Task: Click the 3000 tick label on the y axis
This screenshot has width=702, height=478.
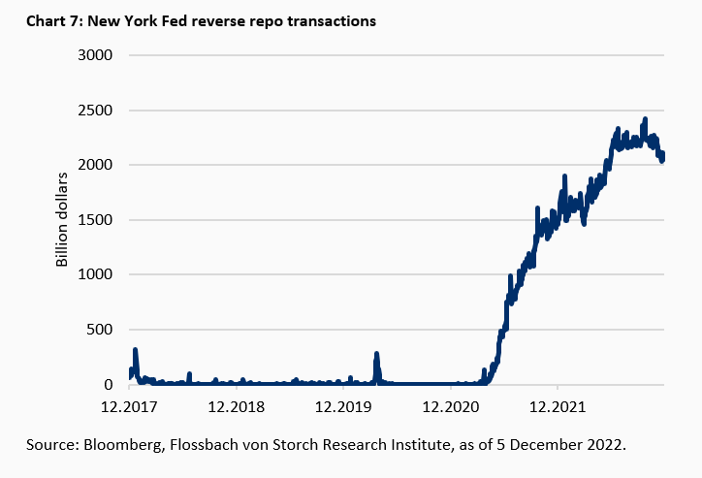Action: [95, 54]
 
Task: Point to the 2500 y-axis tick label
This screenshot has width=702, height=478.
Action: [95, 110]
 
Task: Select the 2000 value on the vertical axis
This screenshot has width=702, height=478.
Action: [95, 165]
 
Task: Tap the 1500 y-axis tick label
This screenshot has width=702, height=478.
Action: [95, 220]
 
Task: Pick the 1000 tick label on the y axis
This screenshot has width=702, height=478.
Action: [95, 274]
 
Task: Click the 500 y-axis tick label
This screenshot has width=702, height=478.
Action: [100, 330]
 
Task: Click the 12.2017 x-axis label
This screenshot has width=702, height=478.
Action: [130, 406]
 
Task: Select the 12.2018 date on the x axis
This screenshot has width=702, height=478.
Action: [237, 406]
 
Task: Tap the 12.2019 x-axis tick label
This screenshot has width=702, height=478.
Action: [343, 406]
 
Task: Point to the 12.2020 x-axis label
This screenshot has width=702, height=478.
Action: [450, 406]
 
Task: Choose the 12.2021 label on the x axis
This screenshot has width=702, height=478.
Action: [557, 406]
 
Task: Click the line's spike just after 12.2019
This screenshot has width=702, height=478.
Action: [376, 355]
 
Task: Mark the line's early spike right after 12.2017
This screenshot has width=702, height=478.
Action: [136, 350]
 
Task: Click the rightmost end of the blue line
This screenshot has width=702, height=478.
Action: [663, 157]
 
